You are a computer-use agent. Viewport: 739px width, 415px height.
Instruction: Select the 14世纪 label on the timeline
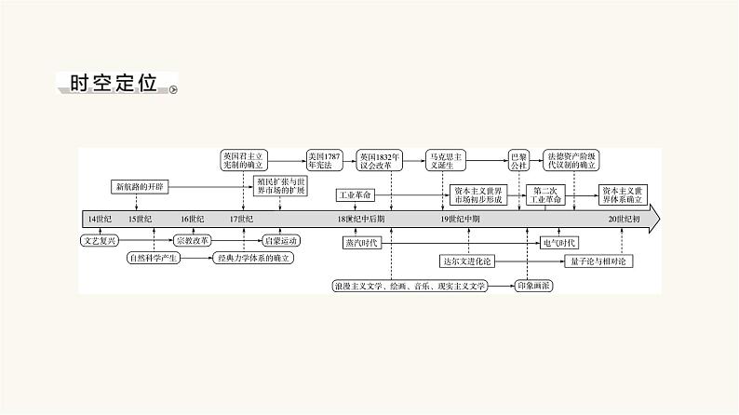coord(99,219)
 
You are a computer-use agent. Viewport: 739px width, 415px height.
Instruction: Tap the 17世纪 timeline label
coord(241,219)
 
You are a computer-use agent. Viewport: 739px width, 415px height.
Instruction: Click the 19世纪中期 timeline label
coord(461,219)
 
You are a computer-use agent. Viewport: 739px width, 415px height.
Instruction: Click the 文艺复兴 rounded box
coord(101,239)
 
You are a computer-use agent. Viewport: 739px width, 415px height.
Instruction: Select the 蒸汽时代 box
coord(363,243)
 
